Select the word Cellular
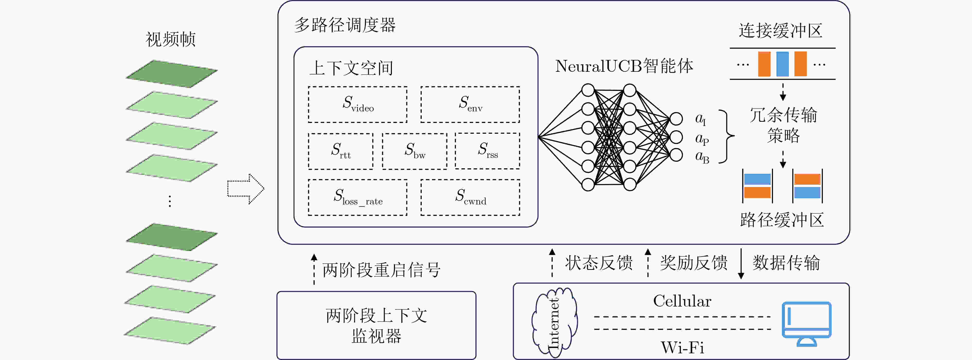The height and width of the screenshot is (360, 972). (682, 301)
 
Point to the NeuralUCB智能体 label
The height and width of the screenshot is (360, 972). (624, 66)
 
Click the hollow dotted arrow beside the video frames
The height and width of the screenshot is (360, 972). (246, 189)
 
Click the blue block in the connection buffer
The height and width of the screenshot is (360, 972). (782, 64)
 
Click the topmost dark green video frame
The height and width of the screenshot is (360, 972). (172, 74)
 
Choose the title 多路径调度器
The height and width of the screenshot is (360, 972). (345, 25)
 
